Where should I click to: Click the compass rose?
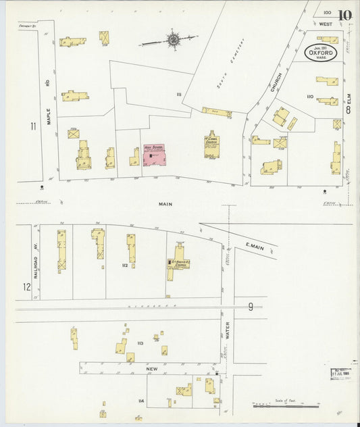point(174,41)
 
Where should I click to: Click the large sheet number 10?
point(345,15)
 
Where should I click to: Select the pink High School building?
point(156,155)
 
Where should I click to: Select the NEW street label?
point(152,369)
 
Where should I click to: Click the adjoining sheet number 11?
point(32,126)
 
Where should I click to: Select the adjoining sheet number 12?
point(27,287)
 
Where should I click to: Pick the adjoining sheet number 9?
point(250,307)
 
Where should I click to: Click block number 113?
point(140,343)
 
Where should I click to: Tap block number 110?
point(310,97)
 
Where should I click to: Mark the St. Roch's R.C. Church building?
point(179,263)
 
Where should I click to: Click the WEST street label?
point(326,24)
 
